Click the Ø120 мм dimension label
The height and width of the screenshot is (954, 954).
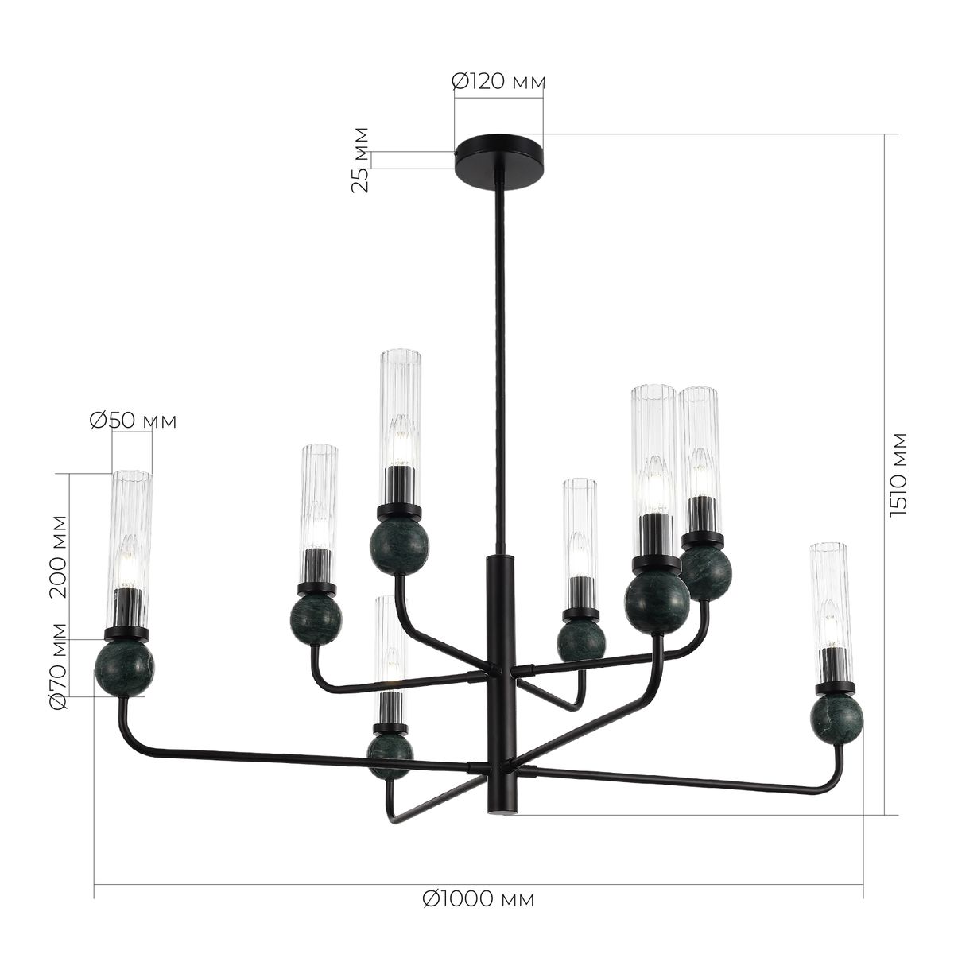pos(498,81)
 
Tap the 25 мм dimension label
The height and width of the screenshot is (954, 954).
pos(362,159)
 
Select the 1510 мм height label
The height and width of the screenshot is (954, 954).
pos(899,475)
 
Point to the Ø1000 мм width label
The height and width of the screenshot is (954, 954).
pos(478,899)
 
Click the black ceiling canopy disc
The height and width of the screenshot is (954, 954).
pos(498,157)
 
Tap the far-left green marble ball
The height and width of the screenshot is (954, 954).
pos(124,668)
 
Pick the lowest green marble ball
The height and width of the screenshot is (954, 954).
pos(390,754)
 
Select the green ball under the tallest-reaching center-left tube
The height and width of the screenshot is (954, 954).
pos(399,546)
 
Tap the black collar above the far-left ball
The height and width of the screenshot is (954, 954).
pos(127,634)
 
